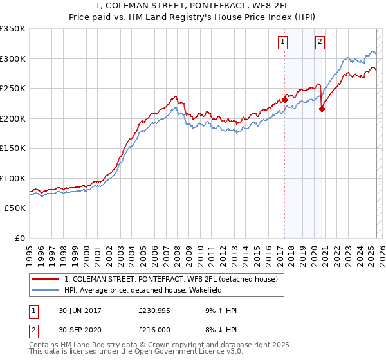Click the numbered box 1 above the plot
(x=283, y=42)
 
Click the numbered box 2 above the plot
(x=320, y=42)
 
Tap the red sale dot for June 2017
(x=284, y=100)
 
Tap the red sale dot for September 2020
(x=322, y=109)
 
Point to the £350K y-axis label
(x=13, y=29)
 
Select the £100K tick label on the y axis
(x=13, y=178)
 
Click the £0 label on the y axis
(x=20, y=238)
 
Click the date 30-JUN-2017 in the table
(x=80, y=310)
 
